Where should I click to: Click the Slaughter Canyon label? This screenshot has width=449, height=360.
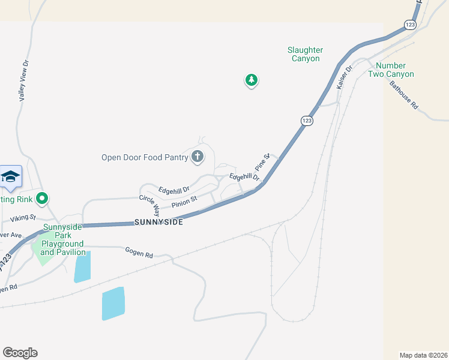pos(306,55)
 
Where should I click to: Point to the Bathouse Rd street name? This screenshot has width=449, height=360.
pos(403,95)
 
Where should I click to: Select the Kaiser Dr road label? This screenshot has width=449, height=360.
pos(346,77)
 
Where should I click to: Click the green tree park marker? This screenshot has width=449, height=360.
pos(251,80)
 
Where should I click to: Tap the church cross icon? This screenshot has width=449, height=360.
pos(197,157)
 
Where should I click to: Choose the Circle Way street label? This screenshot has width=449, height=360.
pos(149,205)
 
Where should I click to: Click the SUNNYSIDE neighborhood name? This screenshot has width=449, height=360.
pos(158,221)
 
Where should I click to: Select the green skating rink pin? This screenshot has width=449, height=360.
pos(42,197)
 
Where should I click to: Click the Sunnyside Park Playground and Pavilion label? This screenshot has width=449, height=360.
pos(63,240)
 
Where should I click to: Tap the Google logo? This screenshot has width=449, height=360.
pos(20,353)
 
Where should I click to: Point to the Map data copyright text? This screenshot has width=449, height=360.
pos(424,355)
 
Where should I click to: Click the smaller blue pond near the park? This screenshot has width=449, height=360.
pos(82,267)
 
